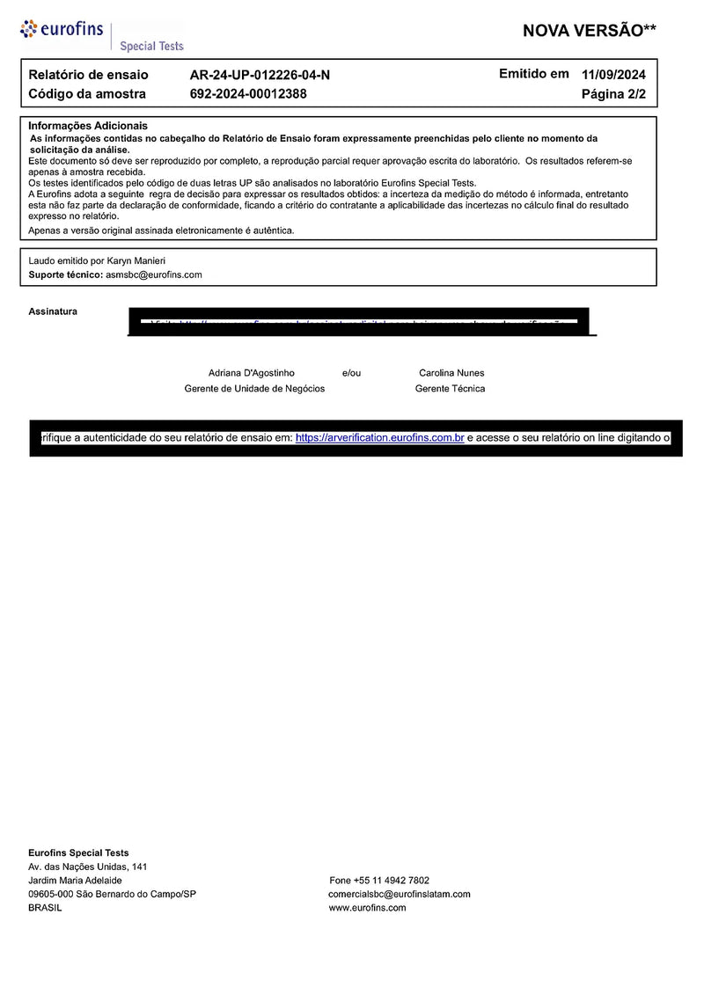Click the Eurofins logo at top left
coord(62,30)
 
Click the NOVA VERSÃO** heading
coord(589,31)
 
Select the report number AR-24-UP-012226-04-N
coord(260,75)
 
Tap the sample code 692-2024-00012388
coord(248,93)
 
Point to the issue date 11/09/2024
coord(613,75)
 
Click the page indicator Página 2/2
coord(613,93)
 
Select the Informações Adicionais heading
coord(88,126)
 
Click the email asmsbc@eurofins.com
coord(154,274)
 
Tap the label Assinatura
coord(53,311)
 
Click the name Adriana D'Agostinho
coord(252,373)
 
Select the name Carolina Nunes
coord(451,373)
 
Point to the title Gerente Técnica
coord(450,389)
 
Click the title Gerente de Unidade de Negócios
coord(254,389)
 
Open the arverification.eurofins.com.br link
coord(379,437)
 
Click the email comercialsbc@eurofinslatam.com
coord(399,894)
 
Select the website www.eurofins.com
coord(367,908)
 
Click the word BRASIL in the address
coord(45,908)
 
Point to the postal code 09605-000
coord(50,894)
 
